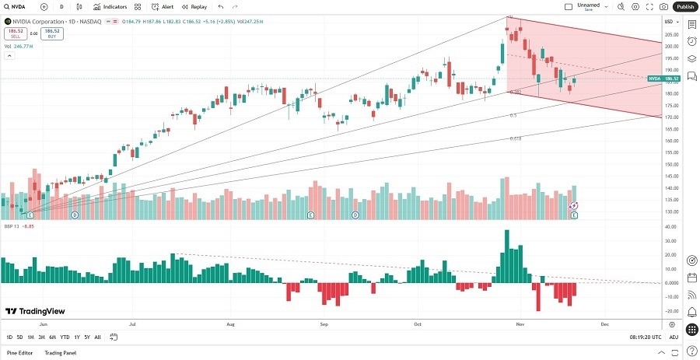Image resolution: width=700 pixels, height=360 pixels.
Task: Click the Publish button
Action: (684, 6)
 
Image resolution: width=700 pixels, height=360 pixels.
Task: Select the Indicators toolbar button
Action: (110, 6)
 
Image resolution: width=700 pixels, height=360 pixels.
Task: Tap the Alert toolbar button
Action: (163, 6)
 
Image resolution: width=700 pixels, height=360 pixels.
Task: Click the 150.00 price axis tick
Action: (669, 164)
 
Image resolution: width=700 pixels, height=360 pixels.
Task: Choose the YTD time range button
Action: (65, 337)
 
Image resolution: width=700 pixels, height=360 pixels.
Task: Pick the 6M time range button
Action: (52, 337)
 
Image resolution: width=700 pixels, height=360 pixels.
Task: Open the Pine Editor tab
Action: (20, 353)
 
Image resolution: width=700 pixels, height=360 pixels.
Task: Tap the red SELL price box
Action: (14, 33)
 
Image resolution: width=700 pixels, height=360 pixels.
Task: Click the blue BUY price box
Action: (52, 33)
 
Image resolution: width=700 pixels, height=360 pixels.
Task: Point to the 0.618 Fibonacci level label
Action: (516, 138)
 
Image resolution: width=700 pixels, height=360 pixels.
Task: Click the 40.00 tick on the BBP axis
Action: (669, 227)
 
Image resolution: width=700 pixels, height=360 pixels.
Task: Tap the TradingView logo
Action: (35, 311)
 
